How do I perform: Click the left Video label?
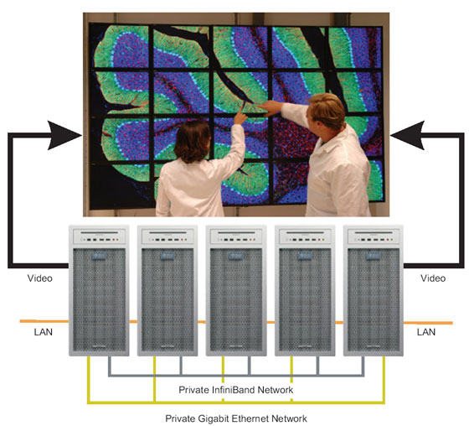[x=40, y=278]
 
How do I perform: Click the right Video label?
[x=433, y=278]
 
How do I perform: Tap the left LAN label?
[x=44, y=332]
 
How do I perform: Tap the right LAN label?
[x=426, y=332]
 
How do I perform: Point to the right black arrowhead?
[x=407, y=135]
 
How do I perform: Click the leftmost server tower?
[x=99, y=291]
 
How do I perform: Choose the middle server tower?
[x=236, y=291]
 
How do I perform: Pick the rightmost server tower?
[x=374, y=291]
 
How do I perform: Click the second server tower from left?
[x=167, y=291]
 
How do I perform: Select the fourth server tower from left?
[x=305, y=291]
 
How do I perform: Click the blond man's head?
[x=327, y=111]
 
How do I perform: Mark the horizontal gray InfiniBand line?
[x=236, y=375]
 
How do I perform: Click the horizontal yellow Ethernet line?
[x=236, y=403]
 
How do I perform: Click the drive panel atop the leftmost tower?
[x=100, y=236]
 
